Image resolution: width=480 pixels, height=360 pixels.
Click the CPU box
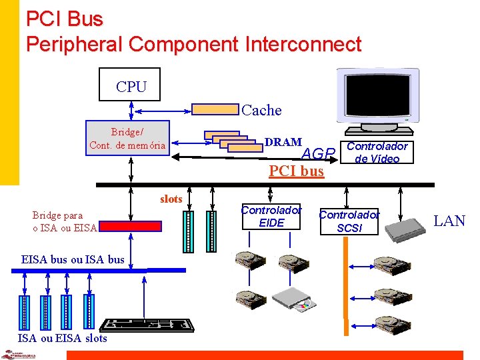tap(129, 85)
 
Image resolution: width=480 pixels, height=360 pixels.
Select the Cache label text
tap(261, 110)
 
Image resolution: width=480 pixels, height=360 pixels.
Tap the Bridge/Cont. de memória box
tap(127, 139)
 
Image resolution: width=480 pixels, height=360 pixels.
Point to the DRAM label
tap(283, 142)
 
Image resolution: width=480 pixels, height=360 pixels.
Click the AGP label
tap(317, 155)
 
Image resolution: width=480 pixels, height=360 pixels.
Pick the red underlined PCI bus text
tap(296, 171)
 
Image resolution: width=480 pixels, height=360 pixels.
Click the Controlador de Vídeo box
tap(377, 152)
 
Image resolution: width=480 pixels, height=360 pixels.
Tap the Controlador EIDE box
tap(271, 216)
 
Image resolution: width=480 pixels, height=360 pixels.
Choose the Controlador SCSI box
tap(349, 221)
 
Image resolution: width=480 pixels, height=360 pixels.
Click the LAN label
tap(450, 221)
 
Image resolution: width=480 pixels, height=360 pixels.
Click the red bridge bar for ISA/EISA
tap(134, 226)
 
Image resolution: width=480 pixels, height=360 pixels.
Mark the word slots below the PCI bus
tap(171, 199)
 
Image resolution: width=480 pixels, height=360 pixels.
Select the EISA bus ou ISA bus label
tap(73, 259)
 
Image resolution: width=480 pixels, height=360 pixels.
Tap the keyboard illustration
tap(147, 325)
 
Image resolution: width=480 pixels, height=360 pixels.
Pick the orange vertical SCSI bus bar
tap(346, 280)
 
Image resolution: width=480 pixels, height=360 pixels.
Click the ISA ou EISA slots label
tap(62, 338)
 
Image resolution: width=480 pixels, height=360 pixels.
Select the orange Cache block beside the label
tap(215, 109)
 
